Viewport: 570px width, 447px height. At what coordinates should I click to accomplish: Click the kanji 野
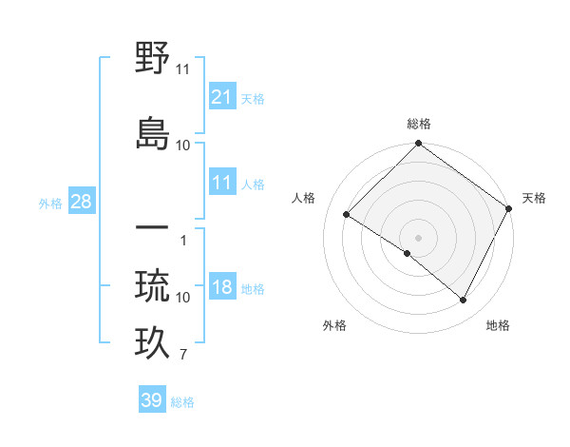click(x=153, y=59)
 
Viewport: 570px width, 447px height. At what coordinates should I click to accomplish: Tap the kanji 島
click(x=153, y=132)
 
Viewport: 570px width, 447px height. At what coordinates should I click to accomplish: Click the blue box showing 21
click(x=222, y=96)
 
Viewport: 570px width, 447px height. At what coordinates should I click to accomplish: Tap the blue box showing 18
click(x=222, y=288)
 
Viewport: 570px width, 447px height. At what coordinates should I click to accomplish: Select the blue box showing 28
click(x=81, y=202)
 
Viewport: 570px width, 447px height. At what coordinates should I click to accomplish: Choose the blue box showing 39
click(x=152, y=400)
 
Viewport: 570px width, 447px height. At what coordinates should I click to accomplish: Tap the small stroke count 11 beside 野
click(x=183, y=69)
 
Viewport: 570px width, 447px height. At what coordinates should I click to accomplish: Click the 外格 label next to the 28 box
click(x=50, y=203)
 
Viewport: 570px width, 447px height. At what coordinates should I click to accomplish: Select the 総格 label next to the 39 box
click(x=182, y=402)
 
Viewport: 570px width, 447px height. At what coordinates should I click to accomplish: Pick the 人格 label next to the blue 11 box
click(x=253, y=184)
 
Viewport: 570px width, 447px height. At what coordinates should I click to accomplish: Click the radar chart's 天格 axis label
click(x=534, y=198)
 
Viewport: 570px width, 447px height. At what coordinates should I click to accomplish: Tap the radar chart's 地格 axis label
click(x=498, y=325)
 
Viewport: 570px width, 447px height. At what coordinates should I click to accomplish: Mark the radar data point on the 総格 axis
click(x=418, y=145)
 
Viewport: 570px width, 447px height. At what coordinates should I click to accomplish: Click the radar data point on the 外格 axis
click(x=408, y=253)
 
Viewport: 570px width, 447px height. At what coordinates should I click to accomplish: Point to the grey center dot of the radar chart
click(x=418, y=237)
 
